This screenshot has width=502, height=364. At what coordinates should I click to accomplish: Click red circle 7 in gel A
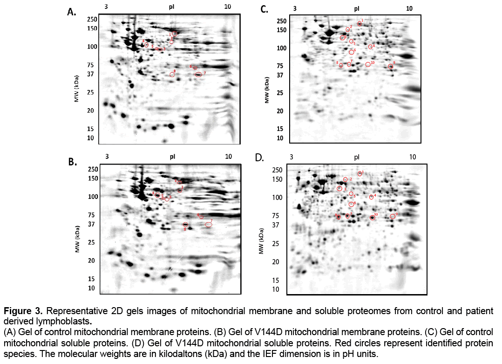click(199, 75)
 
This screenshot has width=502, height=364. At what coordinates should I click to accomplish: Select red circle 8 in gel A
click(172, 75)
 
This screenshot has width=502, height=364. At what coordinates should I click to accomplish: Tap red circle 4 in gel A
click(146, 45)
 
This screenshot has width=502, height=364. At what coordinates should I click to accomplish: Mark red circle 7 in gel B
click(209, 225)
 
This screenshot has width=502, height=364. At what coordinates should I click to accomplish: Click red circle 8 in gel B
click(185, 225)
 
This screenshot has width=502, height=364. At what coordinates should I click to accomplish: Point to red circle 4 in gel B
click(157, 195)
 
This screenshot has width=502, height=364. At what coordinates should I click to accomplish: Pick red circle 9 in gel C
click(391, 67)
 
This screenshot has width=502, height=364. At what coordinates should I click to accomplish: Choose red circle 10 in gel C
click(368, 64)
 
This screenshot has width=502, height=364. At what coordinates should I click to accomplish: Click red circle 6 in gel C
click(352, 52)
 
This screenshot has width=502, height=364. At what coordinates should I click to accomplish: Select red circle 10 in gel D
click(373, 218)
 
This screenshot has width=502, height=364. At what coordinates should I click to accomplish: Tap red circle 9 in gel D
click(393, 216)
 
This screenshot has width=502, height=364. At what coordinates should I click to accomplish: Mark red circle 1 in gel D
click(360, 173)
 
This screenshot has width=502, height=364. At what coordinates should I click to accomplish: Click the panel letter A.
click(72, 13)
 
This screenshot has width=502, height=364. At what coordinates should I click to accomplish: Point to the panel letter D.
click(260, 158)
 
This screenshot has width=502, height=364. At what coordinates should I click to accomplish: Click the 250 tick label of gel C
click(281, 21)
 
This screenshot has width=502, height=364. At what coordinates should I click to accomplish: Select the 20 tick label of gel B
click(91, 261)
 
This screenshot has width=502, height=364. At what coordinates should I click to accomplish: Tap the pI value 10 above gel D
click(413, 157)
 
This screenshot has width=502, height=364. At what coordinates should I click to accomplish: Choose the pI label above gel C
click(357, 8)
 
